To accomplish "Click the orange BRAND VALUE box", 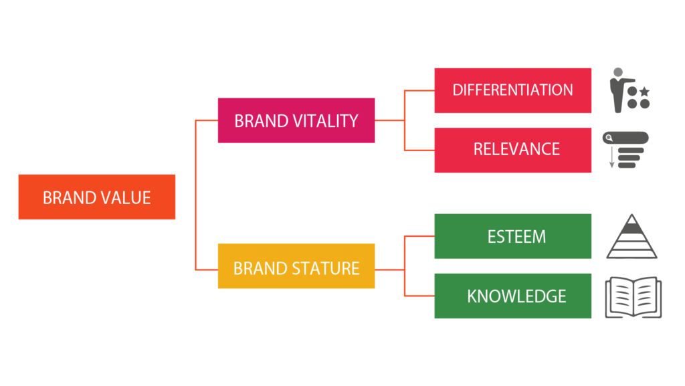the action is [96, 197].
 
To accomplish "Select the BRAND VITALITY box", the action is [296, 120].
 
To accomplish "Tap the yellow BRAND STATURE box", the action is [296, 266].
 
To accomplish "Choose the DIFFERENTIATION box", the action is [513, 90].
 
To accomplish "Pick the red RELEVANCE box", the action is [513, 151].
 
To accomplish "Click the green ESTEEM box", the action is [513, 236].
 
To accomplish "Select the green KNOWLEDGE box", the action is [513, 296].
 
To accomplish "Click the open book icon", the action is [633, 297].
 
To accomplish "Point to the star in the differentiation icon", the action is [644, 92].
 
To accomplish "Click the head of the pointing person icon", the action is [617, 72].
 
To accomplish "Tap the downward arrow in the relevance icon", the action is [611, 157].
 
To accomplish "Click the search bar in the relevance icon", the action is [625, 138].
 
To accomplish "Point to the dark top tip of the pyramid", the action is [631, 218].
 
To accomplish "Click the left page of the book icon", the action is [619, 296].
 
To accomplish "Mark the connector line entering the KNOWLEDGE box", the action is [419, 296].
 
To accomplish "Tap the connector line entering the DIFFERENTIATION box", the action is [419, 90].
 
